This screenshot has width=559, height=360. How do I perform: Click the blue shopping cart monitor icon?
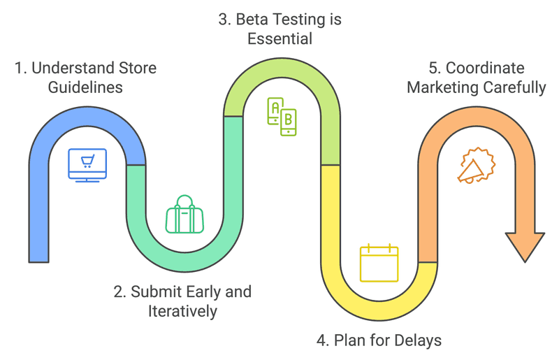[x=87, y=166]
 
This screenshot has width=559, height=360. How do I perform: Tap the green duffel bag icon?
[x=184, y=215]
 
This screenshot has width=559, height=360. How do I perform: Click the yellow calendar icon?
[x=379, y=263]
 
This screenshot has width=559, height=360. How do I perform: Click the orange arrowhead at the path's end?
[x=525, y=247]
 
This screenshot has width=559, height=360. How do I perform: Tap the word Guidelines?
[x=86, y=88]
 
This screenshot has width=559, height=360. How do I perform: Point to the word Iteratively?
[x=182, y=311]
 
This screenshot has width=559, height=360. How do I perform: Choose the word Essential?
[x=279, y=39]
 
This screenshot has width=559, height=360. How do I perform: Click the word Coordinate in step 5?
[x=485, y=69]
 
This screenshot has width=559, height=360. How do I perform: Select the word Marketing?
[x=442, y=88]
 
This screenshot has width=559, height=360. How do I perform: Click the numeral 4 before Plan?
[x=321, y=341]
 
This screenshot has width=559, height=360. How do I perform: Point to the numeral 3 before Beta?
[x=223, y=20]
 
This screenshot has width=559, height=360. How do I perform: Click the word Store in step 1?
[x=138, y=69]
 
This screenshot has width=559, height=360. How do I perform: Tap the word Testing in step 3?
[x=300, y=20]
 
